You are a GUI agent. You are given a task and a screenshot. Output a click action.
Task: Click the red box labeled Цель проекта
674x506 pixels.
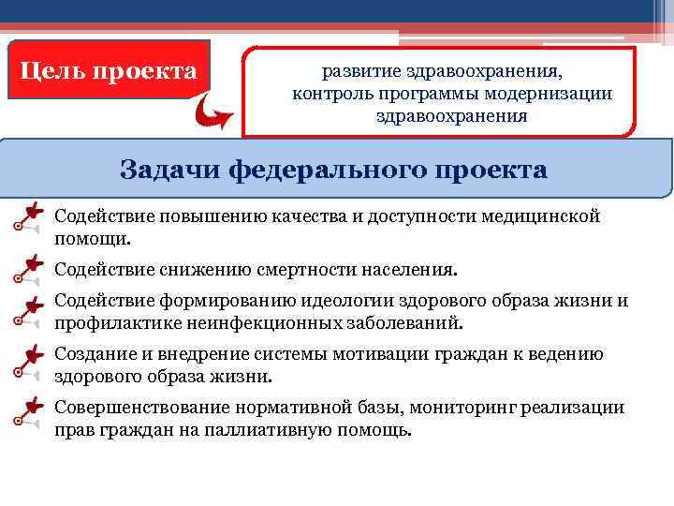tap(109, 70)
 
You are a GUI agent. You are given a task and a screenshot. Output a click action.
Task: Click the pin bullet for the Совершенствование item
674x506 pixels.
tap(28, 412)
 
